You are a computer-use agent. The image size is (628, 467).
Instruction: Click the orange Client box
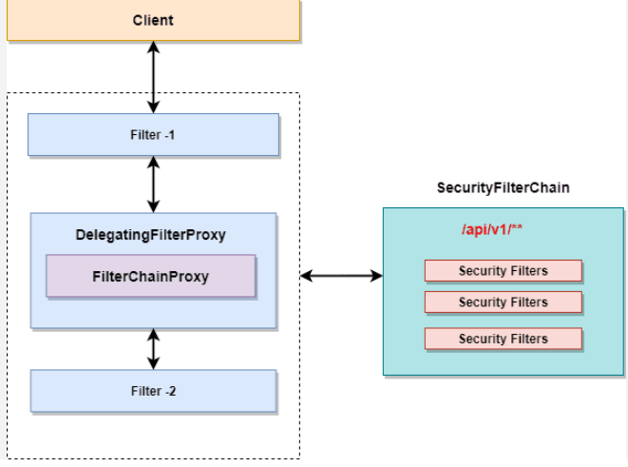tap(153, 20)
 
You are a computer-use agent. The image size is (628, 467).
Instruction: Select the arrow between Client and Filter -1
tap(153, 78)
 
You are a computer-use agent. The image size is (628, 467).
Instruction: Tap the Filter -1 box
tap(153, 135)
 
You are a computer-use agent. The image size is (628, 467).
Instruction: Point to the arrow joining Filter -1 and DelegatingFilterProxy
tap(153, 185)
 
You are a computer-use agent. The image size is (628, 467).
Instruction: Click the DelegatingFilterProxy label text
tap(151, 234)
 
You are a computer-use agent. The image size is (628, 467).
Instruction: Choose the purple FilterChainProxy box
tap(151, 276)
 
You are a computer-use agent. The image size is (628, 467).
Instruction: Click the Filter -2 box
tap(153, 391)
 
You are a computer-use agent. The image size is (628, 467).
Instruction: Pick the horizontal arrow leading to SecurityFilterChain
tap(342, 277)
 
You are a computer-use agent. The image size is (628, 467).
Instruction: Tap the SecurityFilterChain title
tap(503, 188)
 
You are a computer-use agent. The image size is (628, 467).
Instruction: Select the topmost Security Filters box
tap(503, 271)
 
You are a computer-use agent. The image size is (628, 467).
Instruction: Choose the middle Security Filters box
tap(503, 302)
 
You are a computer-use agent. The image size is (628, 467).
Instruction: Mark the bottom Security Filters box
tap(503, 339)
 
